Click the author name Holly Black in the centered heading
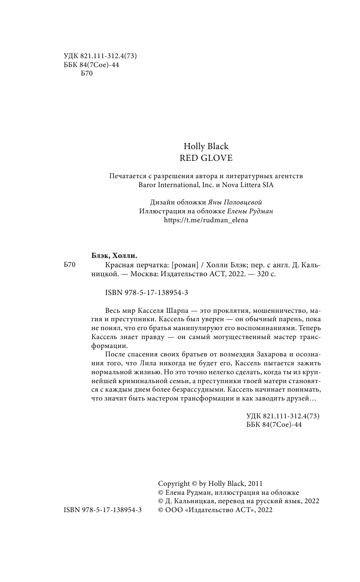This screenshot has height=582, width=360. pyautogui.click(x=206, y=146)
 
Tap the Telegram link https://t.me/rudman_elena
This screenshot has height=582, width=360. pyautogui.click(x=206, y=220)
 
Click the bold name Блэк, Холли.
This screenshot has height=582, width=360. pyautogui.click(x=114, y=255)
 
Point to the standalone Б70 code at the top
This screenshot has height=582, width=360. pyautogui.click(x=87, y=74)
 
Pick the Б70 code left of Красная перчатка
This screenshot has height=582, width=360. pyautogui.click(x=69, y=265)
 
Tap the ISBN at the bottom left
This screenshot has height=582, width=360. pyautogui.click(x=102, y=510)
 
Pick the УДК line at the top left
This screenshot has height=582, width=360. pyautogui.click(x=99, y=56)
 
